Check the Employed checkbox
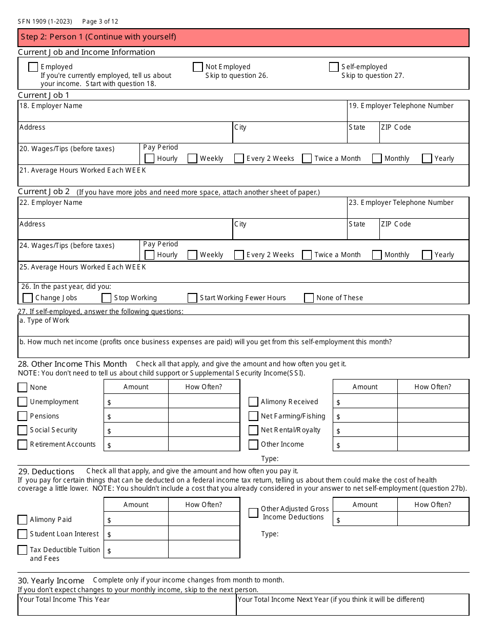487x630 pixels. tap(33, 67)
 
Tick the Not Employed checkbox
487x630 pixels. tap(198, 67)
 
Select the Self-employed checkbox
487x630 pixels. tap(334, 67)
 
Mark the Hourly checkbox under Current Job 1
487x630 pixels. tap(150, 159)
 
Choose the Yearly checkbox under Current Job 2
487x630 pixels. tap(427, 255)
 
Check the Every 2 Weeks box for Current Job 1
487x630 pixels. tap(239, 159)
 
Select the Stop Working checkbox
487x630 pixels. tap(107, 298)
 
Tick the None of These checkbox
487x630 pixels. tap(309, 298)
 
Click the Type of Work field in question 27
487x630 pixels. tap(243, 329)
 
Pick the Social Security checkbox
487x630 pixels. tap(23, 430)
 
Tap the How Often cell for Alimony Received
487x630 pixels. tap(433, 402)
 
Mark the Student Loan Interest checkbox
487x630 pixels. tap(23, 534)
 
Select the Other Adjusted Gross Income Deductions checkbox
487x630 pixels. tap(253, 513)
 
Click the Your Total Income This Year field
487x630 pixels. tap(127, 608)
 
